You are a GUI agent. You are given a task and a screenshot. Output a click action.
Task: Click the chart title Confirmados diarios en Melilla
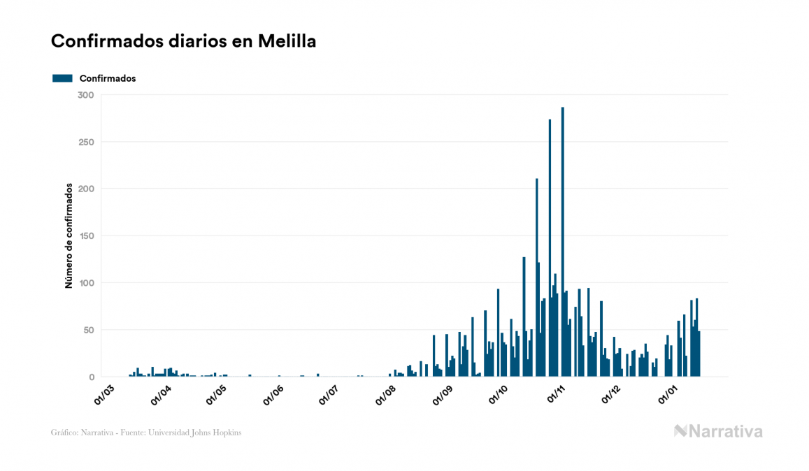tap(183, 41)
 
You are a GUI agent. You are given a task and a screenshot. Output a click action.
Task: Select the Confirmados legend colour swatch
tap(62, 78)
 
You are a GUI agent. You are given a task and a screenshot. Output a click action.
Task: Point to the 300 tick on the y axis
tap(86, 95)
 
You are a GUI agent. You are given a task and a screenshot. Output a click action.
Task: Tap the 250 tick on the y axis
tap(86, 142)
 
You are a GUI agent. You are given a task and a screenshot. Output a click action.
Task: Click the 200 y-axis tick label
tap(86, 189)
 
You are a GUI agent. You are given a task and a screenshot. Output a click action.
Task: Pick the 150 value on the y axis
tap(86, 236)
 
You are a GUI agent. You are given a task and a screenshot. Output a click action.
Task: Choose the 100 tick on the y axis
tap(86, 283)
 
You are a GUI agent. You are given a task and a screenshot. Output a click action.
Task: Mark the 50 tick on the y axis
tap(89, 330)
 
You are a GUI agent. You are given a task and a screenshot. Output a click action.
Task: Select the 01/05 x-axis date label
tap(216, 393)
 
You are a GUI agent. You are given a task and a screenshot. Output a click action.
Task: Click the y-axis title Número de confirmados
tap(69, 236)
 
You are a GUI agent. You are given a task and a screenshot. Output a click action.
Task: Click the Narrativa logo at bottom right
tap(718, 431)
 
